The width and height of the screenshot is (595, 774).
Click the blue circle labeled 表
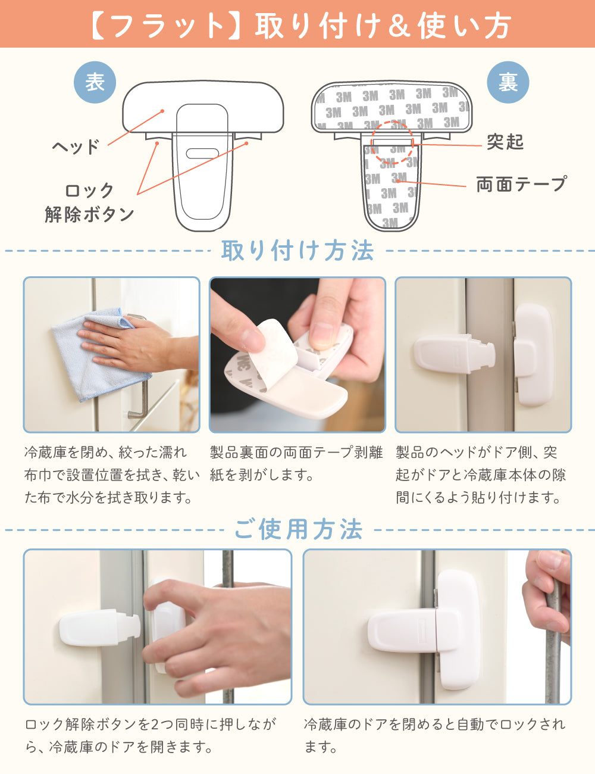95,82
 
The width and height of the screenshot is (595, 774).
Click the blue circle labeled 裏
508,82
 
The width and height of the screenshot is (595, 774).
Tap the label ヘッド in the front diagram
76,146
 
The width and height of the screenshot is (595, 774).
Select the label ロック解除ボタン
89,202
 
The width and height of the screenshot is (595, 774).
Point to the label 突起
505,142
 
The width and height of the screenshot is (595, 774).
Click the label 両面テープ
521,184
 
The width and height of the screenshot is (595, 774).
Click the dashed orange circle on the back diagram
392,142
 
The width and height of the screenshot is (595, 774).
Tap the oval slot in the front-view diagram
202,154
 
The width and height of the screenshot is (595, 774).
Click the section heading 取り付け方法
297,251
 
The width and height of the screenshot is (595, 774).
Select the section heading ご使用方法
298,529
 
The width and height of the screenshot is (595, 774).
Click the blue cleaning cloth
98,355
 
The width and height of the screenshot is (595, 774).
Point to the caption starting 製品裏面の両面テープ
296,463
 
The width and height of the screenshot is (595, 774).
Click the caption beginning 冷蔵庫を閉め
112,475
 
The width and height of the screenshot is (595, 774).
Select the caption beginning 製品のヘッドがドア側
480,475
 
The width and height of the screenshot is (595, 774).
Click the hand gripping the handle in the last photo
547,598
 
